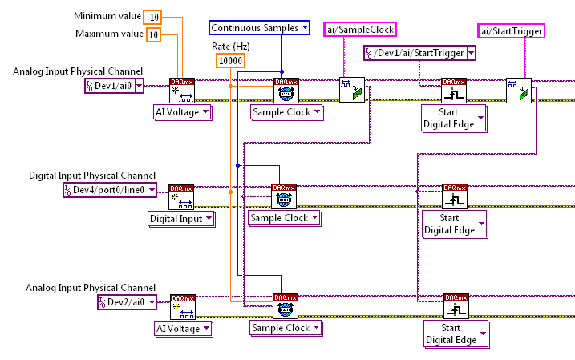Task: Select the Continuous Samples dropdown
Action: [260, 28]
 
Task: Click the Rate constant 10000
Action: [230, 61]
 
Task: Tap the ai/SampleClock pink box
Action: [360, 30]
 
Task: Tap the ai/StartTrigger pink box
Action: [512, 31]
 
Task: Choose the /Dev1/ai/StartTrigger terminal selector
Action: [415, 53]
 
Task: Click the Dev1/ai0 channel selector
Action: [115, 86]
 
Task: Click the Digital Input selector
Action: [181, 218]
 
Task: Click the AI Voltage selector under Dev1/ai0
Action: [183, 112]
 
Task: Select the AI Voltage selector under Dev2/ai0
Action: [183, 328]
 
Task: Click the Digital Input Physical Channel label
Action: [91, 176]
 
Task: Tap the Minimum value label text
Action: [107, 16]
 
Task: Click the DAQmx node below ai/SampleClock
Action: [351, 90]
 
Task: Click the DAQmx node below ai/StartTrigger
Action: [518, 90]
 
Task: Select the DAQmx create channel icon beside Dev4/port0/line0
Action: [181, 196]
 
